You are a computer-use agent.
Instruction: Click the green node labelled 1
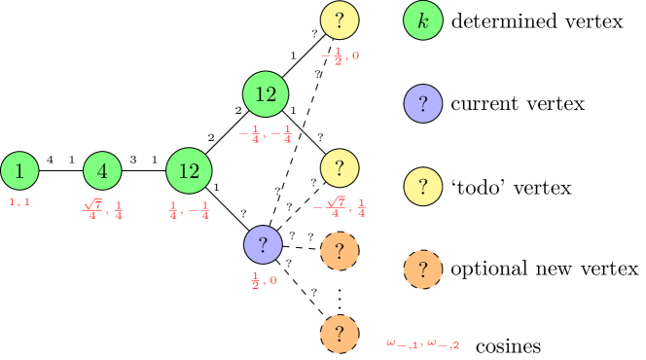pyautogui.click(x=19, y=171)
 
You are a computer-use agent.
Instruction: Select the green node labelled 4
pyautogui.click(x=102, y=171)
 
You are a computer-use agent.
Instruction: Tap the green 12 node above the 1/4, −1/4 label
pyautogui.click(x=189, y=171)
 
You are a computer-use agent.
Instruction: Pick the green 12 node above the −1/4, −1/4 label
pyautogui.click(x=266, y=94)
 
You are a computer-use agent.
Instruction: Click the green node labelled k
pyautogui.click(x=423, y=20)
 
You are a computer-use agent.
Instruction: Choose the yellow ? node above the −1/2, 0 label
pyautogui.click(x=340, y=20)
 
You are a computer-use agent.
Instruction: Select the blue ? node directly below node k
pyautogui.click(x=423, y=103)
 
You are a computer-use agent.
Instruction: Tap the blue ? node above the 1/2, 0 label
pyautogui.click(x=263, y=245)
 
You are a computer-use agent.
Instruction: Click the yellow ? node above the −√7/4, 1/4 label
pyautogui.click(x=340, y=168)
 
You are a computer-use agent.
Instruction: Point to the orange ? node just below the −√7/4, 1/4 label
pyautogui.click(x=340, y=251)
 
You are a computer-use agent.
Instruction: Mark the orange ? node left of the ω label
pyautogui.click(x=340, y=334)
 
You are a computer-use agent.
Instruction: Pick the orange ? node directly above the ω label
pyautogui.click(x=423, y=270)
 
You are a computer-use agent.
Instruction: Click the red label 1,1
pyautogui.click(x=19, y=201)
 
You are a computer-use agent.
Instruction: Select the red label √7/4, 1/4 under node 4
pyautogui.click(x=102, y=209)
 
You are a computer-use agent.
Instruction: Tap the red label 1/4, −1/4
pyautogui.click(x=189, y=209)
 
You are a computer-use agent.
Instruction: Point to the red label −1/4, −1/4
pyautogui.click(x=266, y=133)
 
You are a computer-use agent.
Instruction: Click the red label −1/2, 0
pyautogui.click(x=340, y=55)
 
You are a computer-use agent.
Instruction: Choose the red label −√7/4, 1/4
pyautogui.click(x=340, y=207)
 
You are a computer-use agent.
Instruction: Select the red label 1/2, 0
pyautogui.click(x=264, y=280)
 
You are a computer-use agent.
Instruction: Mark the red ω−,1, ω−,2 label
pyautogui.click(x=423, y=342)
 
